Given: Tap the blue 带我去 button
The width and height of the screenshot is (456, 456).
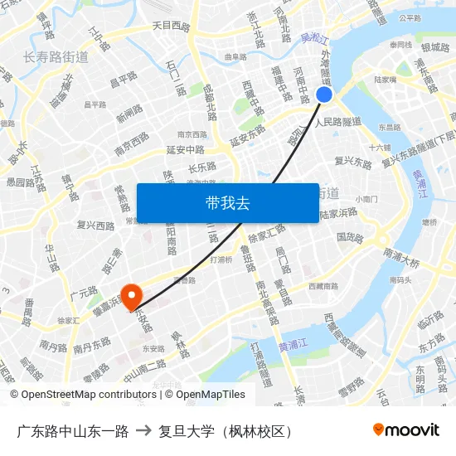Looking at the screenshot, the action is click(x=227, y=203).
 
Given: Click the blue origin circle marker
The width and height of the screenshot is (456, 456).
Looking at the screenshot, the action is click(x=324, y=95).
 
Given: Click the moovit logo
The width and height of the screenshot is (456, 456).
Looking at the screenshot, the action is click(x=405, y=429).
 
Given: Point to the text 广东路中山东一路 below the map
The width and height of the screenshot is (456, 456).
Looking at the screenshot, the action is click(x=73, y=430).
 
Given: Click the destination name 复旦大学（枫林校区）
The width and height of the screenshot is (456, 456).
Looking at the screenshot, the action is click(x=226, y=430).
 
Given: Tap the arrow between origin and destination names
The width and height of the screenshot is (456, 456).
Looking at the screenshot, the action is click(x=143, y=430).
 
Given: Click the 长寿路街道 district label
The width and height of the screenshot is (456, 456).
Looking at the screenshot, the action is click(x=56, y=57).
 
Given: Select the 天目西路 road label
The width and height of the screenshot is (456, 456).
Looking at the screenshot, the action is click(x=171, y=26).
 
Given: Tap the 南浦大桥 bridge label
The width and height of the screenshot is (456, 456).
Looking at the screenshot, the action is click(x=401, y=260).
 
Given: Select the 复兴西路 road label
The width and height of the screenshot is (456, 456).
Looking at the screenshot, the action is click(x=95, y=226).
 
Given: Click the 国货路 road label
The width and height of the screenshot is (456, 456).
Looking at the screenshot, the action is click(x=350, y=238).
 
